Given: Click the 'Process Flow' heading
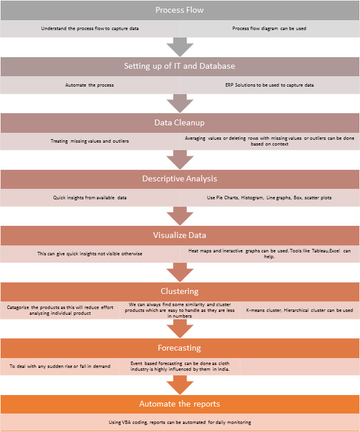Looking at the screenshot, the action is (x=180, y=10).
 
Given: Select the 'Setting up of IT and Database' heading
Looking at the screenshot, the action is (x=180, y=66).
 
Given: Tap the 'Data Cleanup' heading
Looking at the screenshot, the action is (x=180, y=122).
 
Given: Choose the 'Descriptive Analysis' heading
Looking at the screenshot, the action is (x=180, y=179).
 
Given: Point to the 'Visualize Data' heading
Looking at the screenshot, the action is (x=180, y=235).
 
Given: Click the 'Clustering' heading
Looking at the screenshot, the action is (x=180, y=291).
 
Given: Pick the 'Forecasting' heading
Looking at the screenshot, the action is (x=180, y=348).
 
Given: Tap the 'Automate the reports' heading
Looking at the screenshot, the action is (x=180, y=404).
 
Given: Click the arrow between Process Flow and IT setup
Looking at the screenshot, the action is (x=180, y=47).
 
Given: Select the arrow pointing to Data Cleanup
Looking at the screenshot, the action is (x=180, y=103).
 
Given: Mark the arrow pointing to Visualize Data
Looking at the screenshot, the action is (x=180, y=216).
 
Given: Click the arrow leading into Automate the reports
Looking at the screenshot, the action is (x=180, y=385).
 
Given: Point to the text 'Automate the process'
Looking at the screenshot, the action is (x=90, y=85).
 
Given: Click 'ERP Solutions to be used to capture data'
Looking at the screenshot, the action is (x=270, y=85).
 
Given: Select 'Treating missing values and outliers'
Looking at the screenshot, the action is (x=90, y=141).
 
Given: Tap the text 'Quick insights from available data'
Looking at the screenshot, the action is (x=90, y=198).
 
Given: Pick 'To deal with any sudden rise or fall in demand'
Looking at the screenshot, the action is (x=60, y=366).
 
